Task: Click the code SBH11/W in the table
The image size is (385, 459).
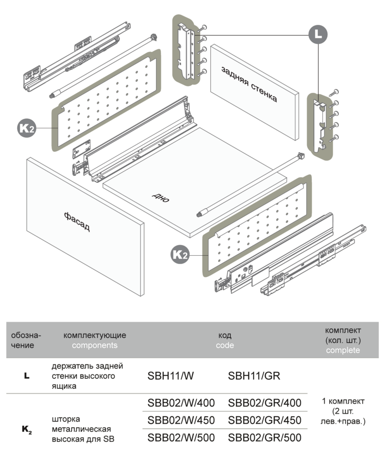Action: pos(170,376)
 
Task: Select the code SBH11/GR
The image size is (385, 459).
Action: pos(254,376)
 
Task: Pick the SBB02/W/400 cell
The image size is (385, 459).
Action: pos(181,402)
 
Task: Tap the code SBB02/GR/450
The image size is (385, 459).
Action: pos(265,420)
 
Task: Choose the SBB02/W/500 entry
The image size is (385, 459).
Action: pos(181,438)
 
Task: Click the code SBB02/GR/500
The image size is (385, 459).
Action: pos(265,438)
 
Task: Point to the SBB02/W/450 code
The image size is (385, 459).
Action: pos(181,420)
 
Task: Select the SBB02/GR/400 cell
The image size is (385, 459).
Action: pos(265,402)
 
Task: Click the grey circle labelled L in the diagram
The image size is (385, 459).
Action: pos(318,35)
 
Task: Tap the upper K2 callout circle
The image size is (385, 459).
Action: pos(26,128)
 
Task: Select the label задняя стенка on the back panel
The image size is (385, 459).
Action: pos(249,84)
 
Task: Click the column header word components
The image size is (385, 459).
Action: pos(95,345)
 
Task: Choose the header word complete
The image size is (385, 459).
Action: pos(343,350)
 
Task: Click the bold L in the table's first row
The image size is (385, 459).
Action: pos(26,376)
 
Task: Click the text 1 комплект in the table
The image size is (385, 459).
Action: pos(343,401)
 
